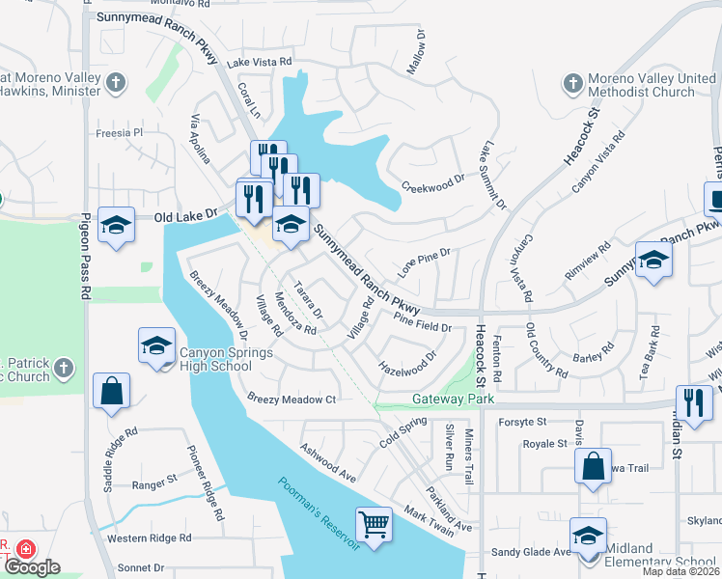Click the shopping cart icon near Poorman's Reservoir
(x=374, y=525)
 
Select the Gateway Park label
(x=453, y=399)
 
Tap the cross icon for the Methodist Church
(x=573, y=84)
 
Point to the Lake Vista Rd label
(x=259, y=62)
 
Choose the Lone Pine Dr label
(x=426, y=262)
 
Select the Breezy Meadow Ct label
(x=291, y=399)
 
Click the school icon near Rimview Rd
(x=653, y=260)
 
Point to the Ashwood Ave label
(x=328, y=462)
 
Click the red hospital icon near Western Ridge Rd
(x=25, y=546)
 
